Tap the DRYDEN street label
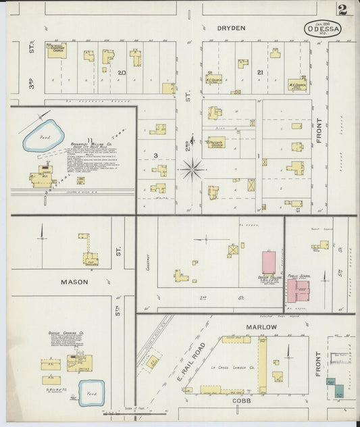click(231, 28)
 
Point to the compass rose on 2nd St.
click(192, 168)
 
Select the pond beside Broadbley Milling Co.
click(43, 135)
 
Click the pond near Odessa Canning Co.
click(91, 393)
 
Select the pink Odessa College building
click(269, 262)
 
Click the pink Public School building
click(297, 290)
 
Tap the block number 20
click(122, 72)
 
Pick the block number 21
click(260, 72)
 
